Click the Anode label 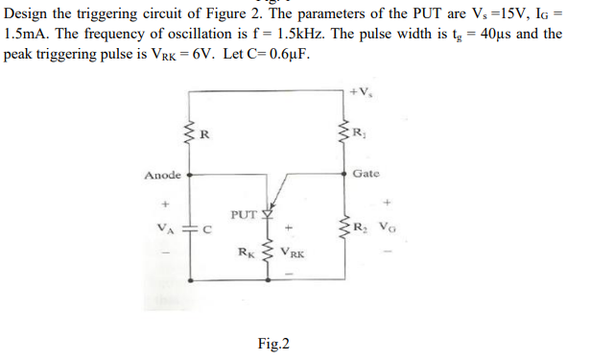[161, 176]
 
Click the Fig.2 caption [273, 343]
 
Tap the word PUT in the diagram [243, 212]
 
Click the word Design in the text [28, 12]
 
